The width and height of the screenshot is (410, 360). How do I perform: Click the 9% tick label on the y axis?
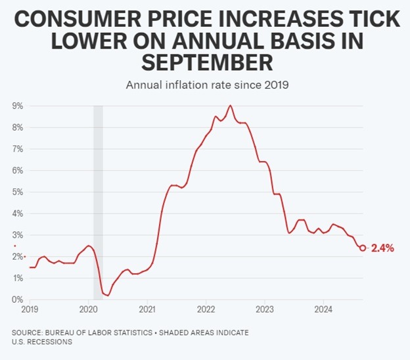coord(18,105)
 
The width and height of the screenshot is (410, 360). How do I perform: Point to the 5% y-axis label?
coord(18,192)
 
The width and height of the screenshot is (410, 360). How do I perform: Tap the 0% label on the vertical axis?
coord(18,300)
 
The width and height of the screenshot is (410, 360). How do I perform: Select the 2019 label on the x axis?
coord(30,308)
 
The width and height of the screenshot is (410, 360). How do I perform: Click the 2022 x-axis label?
coord(206,308)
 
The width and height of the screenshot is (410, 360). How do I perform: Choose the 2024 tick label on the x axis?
coord(323,308)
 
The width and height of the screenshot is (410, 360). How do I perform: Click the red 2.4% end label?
coord(382,248)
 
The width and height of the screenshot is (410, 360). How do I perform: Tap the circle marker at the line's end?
coord(363,248)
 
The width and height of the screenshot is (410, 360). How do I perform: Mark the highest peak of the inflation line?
coord(230,105)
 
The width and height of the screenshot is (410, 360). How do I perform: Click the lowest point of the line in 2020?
coord(108,296)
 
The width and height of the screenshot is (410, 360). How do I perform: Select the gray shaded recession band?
coord(98,197)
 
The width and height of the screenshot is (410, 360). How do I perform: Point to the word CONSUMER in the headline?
coord(77,20)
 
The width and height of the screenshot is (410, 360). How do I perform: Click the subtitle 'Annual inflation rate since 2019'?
coord(205,85)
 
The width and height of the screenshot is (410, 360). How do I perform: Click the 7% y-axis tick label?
coord(18,148)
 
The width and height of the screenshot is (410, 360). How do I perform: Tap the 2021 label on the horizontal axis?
coord(147,308)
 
